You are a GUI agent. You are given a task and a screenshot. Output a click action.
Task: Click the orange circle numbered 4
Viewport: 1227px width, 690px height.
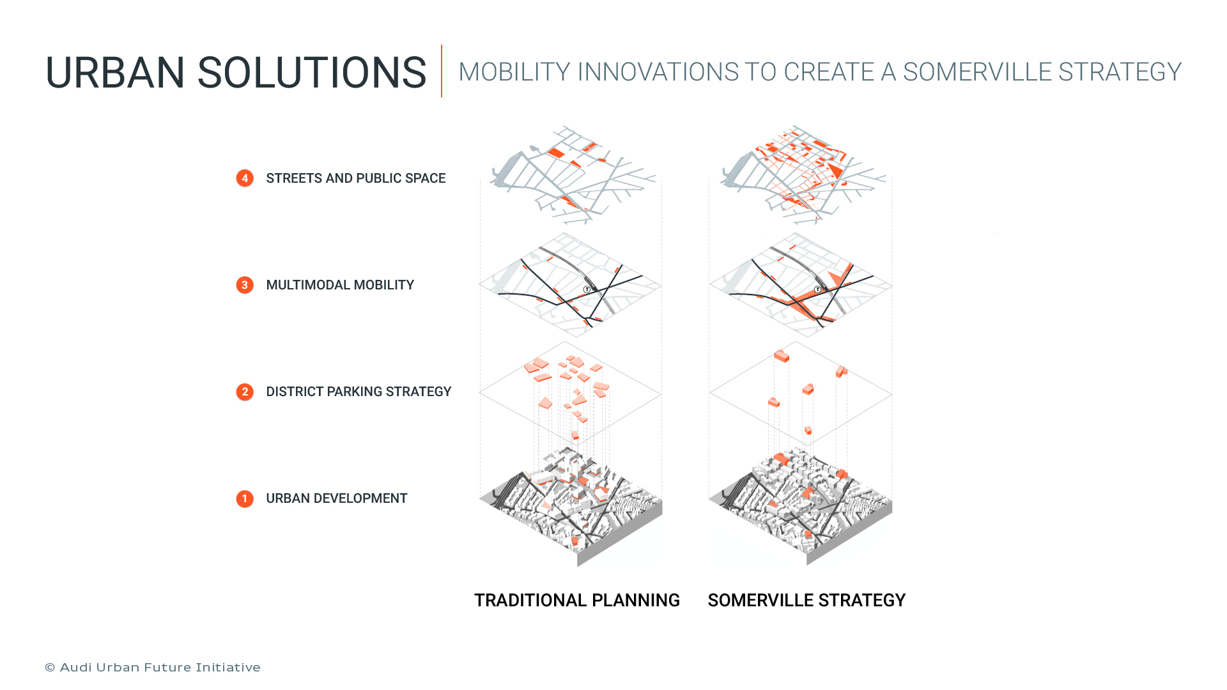(x=245, y=178)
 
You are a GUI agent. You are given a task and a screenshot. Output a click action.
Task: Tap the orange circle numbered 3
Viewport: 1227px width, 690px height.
(x=245, y=285)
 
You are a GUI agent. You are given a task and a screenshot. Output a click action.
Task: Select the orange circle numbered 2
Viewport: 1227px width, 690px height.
(x=245, y=392)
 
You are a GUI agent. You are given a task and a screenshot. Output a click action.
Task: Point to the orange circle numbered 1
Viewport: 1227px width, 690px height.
(x=245, y=498)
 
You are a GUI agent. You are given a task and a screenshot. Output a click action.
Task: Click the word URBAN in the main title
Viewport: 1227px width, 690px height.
(x=115, y=73)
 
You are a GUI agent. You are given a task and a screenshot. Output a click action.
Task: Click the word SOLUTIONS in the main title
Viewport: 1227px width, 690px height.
(x=311, y=73)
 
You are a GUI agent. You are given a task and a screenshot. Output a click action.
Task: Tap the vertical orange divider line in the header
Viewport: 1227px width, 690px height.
(x=442, y=71)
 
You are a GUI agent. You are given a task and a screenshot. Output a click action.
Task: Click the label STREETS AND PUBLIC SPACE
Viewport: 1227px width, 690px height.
(x=355, y=178)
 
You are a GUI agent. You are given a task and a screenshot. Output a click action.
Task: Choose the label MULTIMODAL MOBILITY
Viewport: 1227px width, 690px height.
(x=340, y=285)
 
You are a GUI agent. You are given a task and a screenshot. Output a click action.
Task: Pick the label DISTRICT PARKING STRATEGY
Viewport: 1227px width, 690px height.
(x=359, y=392)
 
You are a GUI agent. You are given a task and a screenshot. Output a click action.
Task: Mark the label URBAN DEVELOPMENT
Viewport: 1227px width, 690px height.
(x=336, y=498)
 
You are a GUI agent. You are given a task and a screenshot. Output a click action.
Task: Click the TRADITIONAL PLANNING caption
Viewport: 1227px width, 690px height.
(x=576, y=601)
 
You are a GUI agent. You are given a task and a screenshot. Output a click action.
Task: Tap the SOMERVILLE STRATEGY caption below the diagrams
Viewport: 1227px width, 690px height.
(x=806, y=601)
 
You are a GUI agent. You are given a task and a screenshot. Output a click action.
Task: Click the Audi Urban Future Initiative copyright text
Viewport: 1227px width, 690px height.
(x=153, y=668)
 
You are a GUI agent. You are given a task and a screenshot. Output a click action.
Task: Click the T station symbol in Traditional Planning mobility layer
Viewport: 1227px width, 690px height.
(x=587, y=289)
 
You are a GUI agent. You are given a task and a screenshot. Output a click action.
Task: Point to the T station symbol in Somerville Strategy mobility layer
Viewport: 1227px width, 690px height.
(x=817, y=289)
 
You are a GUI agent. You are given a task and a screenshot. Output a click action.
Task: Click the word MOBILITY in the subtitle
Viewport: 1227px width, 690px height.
(x=514, y=72)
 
